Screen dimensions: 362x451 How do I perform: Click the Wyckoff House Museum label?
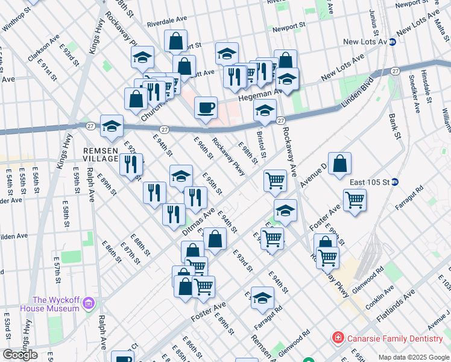click(x=56, y=304)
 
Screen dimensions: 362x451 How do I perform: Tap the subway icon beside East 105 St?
click(x=395, y=182)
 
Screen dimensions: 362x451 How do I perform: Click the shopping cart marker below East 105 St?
click(x=355, y=200)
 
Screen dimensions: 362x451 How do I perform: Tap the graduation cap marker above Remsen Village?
click(x=112, y=126)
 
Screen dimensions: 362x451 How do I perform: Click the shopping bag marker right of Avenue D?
click(x=339, y=164)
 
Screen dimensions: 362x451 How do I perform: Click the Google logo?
click(x=20, y=355)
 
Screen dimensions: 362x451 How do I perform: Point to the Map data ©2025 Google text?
click(x=413, y=357)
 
